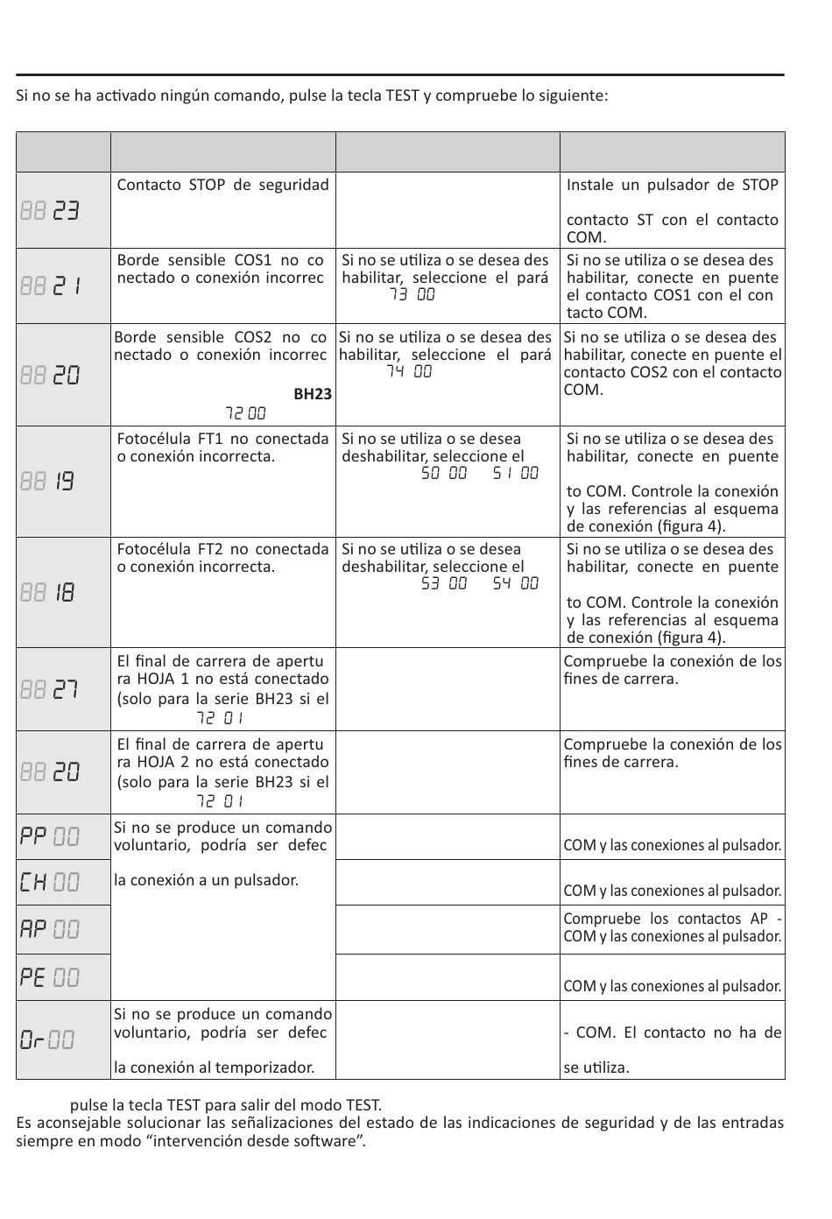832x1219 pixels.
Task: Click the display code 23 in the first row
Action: click(66, 211)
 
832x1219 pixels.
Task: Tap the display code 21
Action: click(66, 286)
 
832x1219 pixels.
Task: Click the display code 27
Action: click(66, 690)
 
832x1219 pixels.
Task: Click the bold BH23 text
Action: click(313, 394)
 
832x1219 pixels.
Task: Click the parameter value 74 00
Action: click(409, 372)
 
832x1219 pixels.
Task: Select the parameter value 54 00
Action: click(515, 584)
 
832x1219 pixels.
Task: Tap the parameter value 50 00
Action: click(444, 474)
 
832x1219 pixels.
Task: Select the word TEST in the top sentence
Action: click(402, 95)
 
